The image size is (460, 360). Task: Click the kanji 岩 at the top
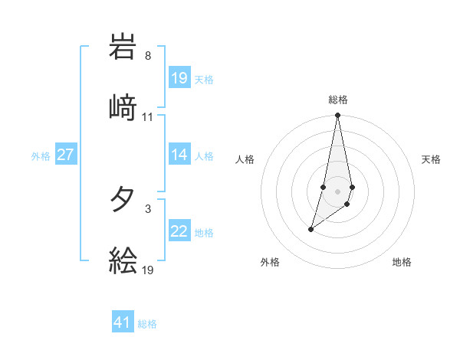(123, 48)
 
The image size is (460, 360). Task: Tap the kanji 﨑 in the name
(123, 106)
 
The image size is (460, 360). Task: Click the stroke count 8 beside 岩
(147, 56)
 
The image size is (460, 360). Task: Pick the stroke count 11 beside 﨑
(147, 117)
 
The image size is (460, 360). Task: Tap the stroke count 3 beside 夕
(147, 208)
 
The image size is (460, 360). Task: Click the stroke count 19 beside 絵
(148, 270)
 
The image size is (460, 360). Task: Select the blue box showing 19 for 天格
(179, 78)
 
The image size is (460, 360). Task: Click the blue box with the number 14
(179, 155)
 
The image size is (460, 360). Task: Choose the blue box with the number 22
(179, 231)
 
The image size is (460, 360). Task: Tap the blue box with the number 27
(65, 155)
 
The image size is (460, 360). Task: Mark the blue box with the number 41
(123, 322)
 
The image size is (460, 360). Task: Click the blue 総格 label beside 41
(147, 324)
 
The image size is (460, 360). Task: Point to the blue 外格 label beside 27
(41, 156)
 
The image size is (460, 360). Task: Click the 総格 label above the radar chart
(338, 100)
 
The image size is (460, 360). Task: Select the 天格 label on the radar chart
(431, 159)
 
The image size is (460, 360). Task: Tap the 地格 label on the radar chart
(402, 262)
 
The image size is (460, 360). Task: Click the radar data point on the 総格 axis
(337, 116)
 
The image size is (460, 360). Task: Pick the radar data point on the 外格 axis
(310, 229)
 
